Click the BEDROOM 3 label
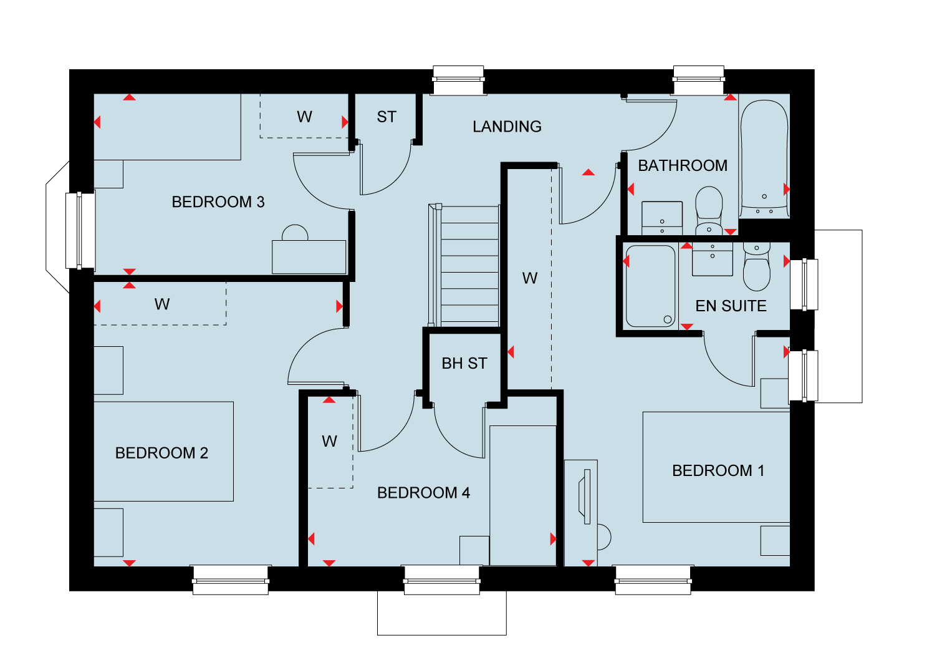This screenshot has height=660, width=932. point(218,202)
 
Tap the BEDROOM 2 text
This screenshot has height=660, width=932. point(161,453)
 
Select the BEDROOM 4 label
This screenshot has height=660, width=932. point(423,493)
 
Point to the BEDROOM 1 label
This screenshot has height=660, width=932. point(718,471)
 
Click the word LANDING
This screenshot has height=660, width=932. point(507,127)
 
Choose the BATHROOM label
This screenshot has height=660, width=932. point(683,166)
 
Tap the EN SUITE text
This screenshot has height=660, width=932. point(731,306)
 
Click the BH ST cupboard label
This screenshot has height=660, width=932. point(464,364)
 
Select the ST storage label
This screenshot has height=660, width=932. point(387,117)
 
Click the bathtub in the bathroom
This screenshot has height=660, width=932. point(764,158)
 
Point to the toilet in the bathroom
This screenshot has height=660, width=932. point(709,210)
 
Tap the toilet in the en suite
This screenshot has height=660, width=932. point(756,266)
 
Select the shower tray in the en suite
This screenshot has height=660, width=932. point(650,286)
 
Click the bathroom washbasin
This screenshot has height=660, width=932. point(662,218)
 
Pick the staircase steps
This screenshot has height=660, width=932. point(469,266)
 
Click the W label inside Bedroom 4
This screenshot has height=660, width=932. point(330,442)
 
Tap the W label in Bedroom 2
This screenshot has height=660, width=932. point(162,304)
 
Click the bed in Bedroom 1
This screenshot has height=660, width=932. point(716,467)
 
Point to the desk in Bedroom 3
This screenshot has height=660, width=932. point(309,257)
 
